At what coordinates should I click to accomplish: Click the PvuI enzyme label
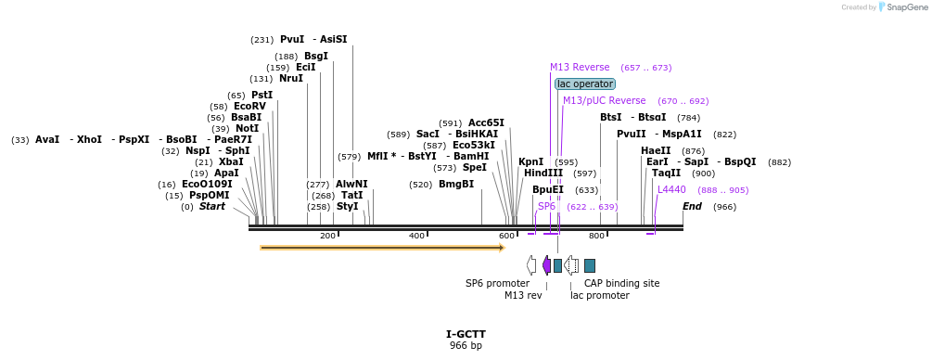(291, 39)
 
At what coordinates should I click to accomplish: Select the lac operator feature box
(585, 84)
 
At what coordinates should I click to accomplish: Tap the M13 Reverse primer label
(580, 67)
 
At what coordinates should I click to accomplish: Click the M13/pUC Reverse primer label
(604, 100)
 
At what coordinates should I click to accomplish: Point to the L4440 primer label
(671, 189)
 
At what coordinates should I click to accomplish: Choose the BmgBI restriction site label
(456, 184)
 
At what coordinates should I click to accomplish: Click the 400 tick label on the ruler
(417, 236)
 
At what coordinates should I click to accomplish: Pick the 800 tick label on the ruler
(597, 236)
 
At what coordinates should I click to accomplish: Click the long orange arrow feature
(382, 248)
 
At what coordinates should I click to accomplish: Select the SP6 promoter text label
(497, 283)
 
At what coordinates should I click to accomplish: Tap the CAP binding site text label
(621, 283)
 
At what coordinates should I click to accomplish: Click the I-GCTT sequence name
(466, 334)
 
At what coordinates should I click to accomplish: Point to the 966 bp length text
(466, 346)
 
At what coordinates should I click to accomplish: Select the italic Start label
(212, 206)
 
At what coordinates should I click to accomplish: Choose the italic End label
(692, 206)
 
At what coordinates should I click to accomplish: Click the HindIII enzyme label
(543, 173)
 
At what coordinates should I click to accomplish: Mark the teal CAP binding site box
(590, 265)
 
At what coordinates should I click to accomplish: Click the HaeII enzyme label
(656, 150)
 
